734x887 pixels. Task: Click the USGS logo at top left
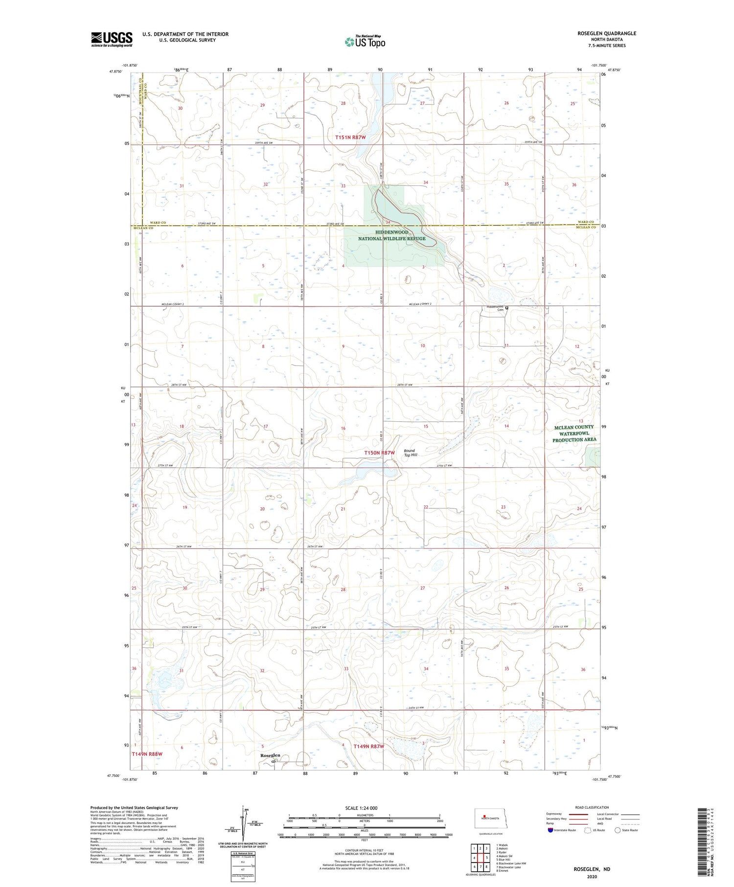pyautogui.click(x=112, y=39)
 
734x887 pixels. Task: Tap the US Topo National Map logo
pyautogui.click(x=365, y=42)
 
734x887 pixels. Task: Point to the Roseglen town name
pyautogui.click(x=270, y=756)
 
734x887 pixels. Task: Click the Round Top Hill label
pyautogui.click(x=410, y=453)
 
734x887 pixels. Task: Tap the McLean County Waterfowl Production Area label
pyautogui.click(x=574, y=433)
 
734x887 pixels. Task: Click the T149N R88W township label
pyautogui.click(x=147, y=754)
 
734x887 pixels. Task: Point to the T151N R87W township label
pyautogui.click(x=350, y=137)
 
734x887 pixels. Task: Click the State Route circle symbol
pyautogui.click(x=618, y=830)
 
